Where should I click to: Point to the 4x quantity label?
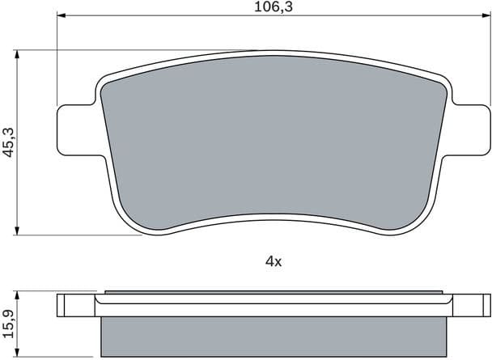(273, 260)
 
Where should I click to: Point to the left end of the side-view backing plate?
(61, 307)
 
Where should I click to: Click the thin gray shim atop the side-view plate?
(273, 292)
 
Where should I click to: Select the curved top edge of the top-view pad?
(273, 56)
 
